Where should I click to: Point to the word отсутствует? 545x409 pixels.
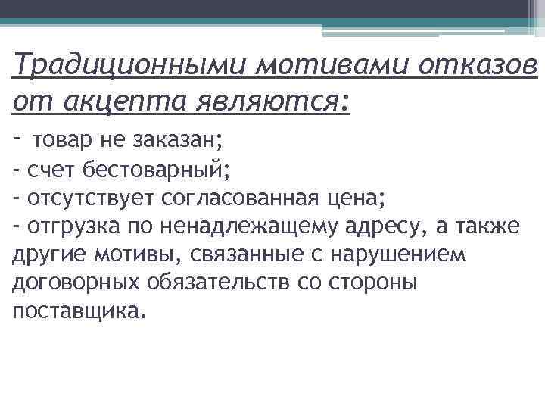(x=91, y=198)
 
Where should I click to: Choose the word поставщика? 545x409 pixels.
(x=76, y=311)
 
